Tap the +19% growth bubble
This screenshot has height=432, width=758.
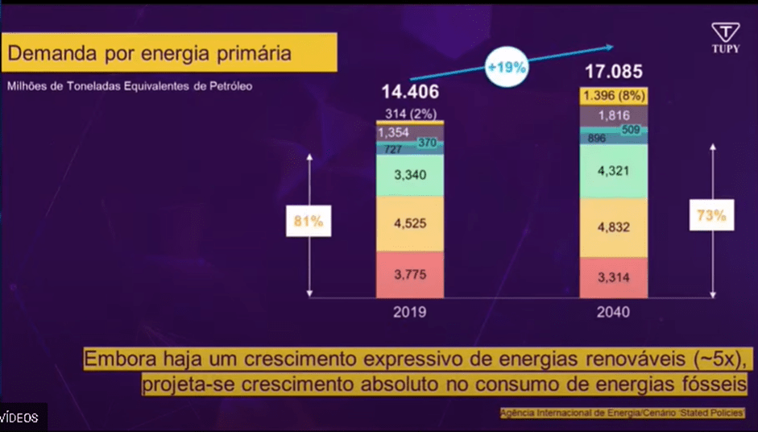click(x=507, y=68)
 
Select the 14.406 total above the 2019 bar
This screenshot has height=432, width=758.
click(x=410, y=92)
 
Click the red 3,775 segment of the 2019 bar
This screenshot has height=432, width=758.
click(x=410, y=275)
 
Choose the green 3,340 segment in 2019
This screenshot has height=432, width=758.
click(x=410, y=175)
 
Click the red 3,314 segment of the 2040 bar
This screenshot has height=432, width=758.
click(x=614, y=278)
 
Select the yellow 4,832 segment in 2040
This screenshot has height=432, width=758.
click(x=614, y=228)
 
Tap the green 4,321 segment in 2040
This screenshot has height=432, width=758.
click(x=614, y=171)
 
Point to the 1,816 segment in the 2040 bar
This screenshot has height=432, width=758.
click(x=614, y=115)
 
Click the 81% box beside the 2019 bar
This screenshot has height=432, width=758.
click(x=309, y=222)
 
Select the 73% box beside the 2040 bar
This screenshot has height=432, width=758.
click(x=712, y=216)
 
